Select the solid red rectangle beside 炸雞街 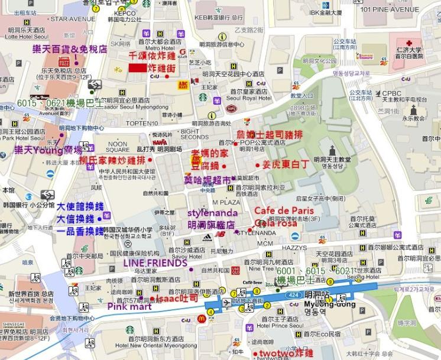(x=137, y=68)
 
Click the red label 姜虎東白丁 (x=286, y=164)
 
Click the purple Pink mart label (x=127, y=306)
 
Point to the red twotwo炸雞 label (x=282, y=353)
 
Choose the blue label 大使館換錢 (x=80, y=206)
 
